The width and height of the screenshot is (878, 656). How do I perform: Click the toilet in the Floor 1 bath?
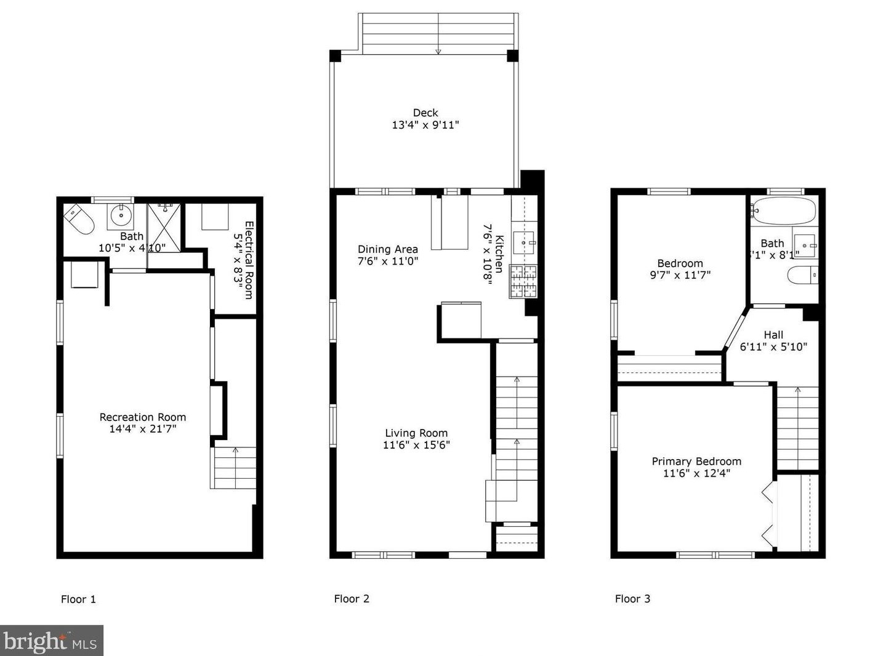point(79,219)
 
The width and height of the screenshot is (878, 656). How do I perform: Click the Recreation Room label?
point(142,417)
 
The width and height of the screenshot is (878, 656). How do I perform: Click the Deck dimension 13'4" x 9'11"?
point(425,125)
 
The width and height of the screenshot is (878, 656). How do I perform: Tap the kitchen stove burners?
point(523,281)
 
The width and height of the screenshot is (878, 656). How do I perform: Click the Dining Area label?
point(387,249)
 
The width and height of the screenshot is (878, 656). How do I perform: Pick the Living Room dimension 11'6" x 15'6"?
point(416,445)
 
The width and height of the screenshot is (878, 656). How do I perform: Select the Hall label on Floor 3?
point(773,335)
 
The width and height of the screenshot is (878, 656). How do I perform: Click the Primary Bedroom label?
point(696,462)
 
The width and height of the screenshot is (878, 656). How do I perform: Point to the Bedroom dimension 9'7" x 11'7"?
point(680,275)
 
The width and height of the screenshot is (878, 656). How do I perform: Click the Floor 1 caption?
point(78,599)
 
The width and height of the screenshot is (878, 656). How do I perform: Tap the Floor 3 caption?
point(632,598)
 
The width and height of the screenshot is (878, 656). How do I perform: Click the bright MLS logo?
point(51,641)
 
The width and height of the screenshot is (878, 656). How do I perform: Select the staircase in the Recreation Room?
point(234,468)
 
